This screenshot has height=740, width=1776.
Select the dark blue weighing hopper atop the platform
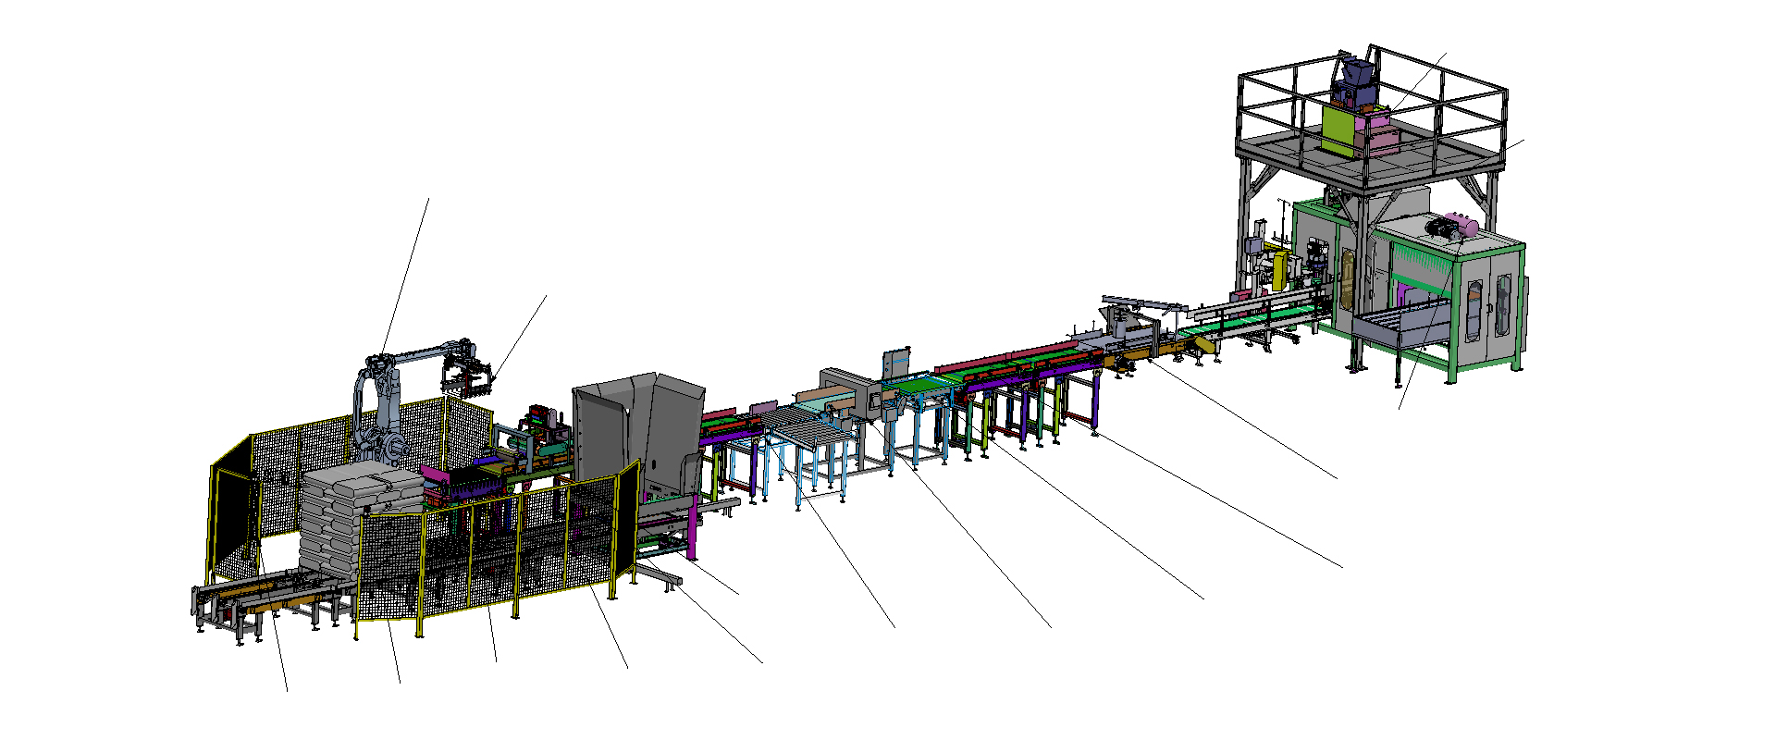tap(1350, 83)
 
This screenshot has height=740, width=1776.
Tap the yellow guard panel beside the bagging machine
tap(1281, 268)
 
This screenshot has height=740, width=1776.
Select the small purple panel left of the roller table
tap(763, 407)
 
